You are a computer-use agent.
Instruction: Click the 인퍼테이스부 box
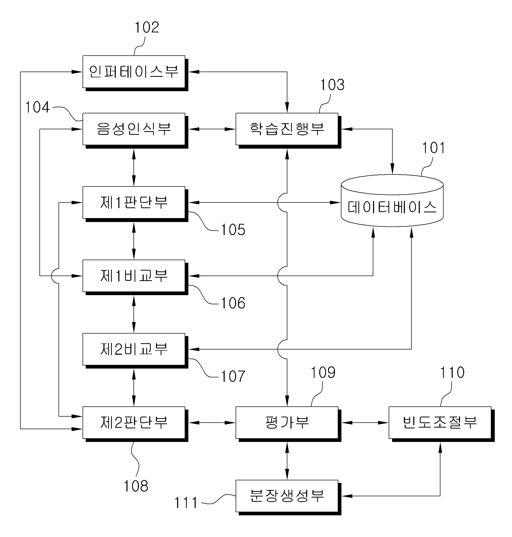pyautogui.click(x=135, y=73)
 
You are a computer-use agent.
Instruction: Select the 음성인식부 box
pyautogui.click(x=135, y=131)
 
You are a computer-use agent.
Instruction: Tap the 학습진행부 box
pyautogui.click(x=288, y=131)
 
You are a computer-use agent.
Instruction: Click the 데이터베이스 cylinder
pyautogui.click(x=392, y=201)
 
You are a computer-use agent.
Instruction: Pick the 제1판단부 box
pyautogui.click(x=135, y=204)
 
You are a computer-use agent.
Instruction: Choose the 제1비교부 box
pyautogui.click(x=135, y=277)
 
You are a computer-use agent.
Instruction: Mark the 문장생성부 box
pyautogui.click(x=288, y=498)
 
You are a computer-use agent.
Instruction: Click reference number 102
pyautogui.click(x=147, y=27)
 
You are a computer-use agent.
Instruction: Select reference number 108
pyautogui.click(x=136, y=486)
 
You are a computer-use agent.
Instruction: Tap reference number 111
pyautogui.click(x=186, y=503)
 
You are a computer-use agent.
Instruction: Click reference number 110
pyautogui.click(x=452, y=372)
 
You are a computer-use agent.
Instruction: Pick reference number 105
pyautogui.click(x=233, y=230)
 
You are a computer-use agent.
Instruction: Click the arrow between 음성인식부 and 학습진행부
pyautogui.click(x=212, y=129)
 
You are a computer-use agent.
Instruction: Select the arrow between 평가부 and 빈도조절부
pyautogui.click(x=365, y=423)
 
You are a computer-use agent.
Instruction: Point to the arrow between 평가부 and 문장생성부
pyautogui.click(x=287, y=461)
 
